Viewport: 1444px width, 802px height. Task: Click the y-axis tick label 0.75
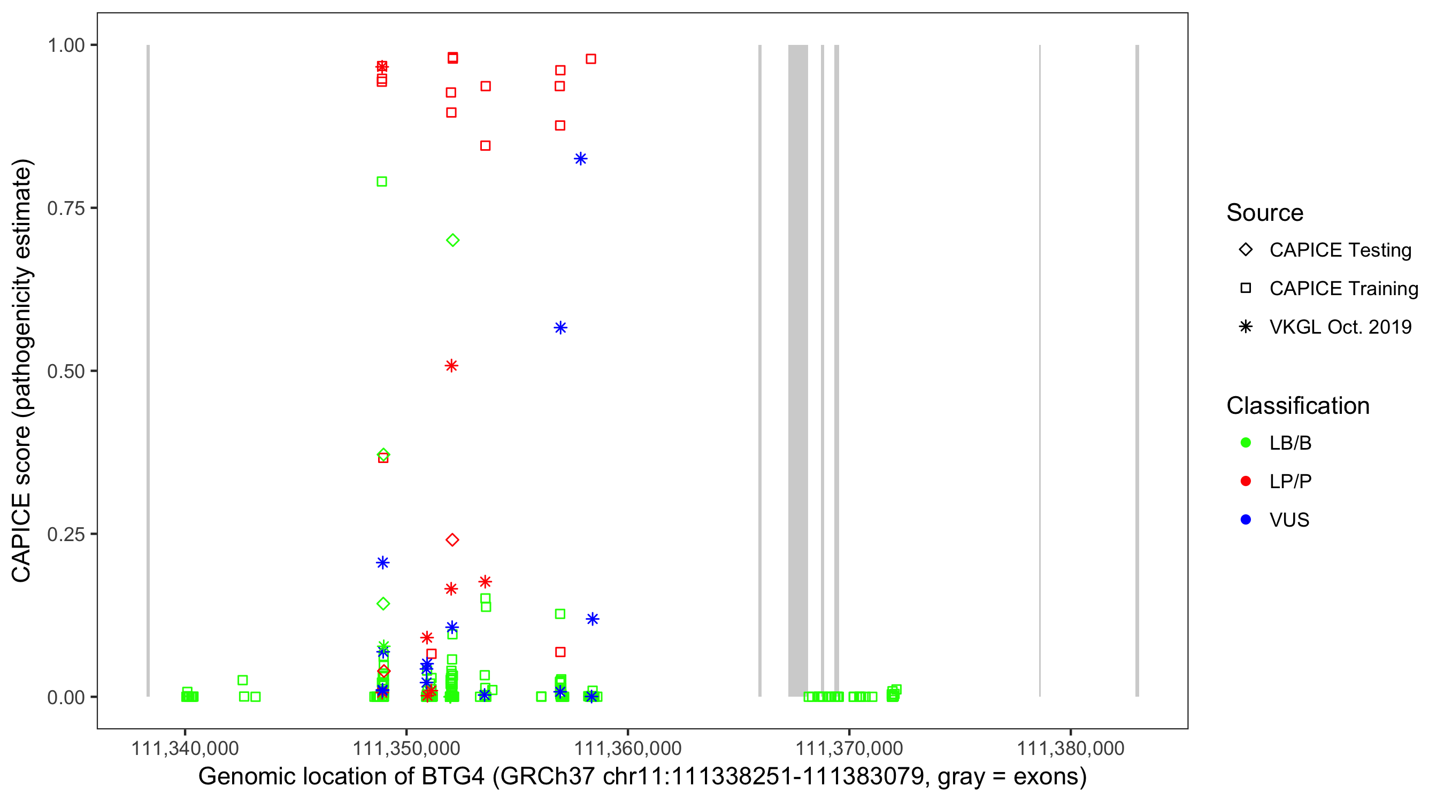(x=65, y=208)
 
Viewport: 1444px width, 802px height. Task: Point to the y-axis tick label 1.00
(x=65, y=45)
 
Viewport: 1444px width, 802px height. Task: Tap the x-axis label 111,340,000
(x=185, y=748)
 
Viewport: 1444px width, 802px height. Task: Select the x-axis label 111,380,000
(x=1070, y=748)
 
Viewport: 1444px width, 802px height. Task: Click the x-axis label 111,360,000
(x=627, y=748)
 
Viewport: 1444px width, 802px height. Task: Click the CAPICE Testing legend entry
(x=1340, y=250)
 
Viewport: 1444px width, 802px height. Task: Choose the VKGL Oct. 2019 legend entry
(x=1340, y=327)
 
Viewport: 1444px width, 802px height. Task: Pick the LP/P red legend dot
(x=1246, y=481)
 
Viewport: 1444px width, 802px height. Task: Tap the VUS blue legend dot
(x=1246, y=520)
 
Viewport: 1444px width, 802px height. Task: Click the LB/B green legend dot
(x=1246, y=443)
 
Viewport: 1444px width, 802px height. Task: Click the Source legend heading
(x=1265, y=213)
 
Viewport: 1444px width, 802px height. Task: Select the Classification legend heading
(x=1297, y=406)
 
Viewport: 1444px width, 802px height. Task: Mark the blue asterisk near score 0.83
(x=580, y=159)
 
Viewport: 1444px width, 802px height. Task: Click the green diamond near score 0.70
(x=452, y=241)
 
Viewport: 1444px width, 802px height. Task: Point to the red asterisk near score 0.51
(x=451, y=366)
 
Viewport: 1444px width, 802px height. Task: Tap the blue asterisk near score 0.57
(x=560, y=328)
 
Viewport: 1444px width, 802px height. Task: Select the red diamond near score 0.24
(x=452, y=539)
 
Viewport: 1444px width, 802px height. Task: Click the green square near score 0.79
(x=382, y=182)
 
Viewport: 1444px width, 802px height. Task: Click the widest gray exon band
(x=797, y=370)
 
